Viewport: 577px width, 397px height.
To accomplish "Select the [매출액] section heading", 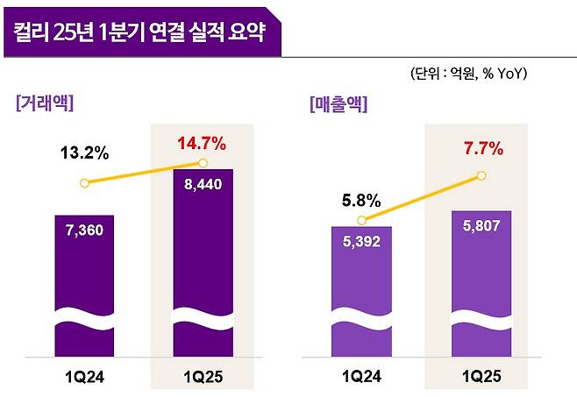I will (338, 103).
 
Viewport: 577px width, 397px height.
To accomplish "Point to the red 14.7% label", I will (203, 142).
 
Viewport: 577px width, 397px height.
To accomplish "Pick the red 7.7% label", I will (481, 149).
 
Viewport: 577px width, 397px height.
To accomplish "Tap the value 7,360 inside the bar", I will (84, 230).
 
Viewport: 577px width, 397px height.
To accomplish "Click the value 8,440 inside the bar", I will (203, 185).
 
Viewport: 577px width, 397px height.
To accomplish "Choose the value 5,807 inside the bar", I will (481, 226).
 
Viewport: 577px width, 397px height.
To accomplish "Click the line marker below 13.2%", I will (84, 183).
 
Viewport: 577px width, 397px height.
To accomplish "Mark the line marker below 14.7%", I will (203, 163).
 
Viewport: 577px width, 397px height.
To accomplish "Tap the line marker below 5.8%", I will (361, 221).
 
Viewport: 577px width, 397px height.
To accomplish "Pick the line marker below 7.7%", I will (481, 175).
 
